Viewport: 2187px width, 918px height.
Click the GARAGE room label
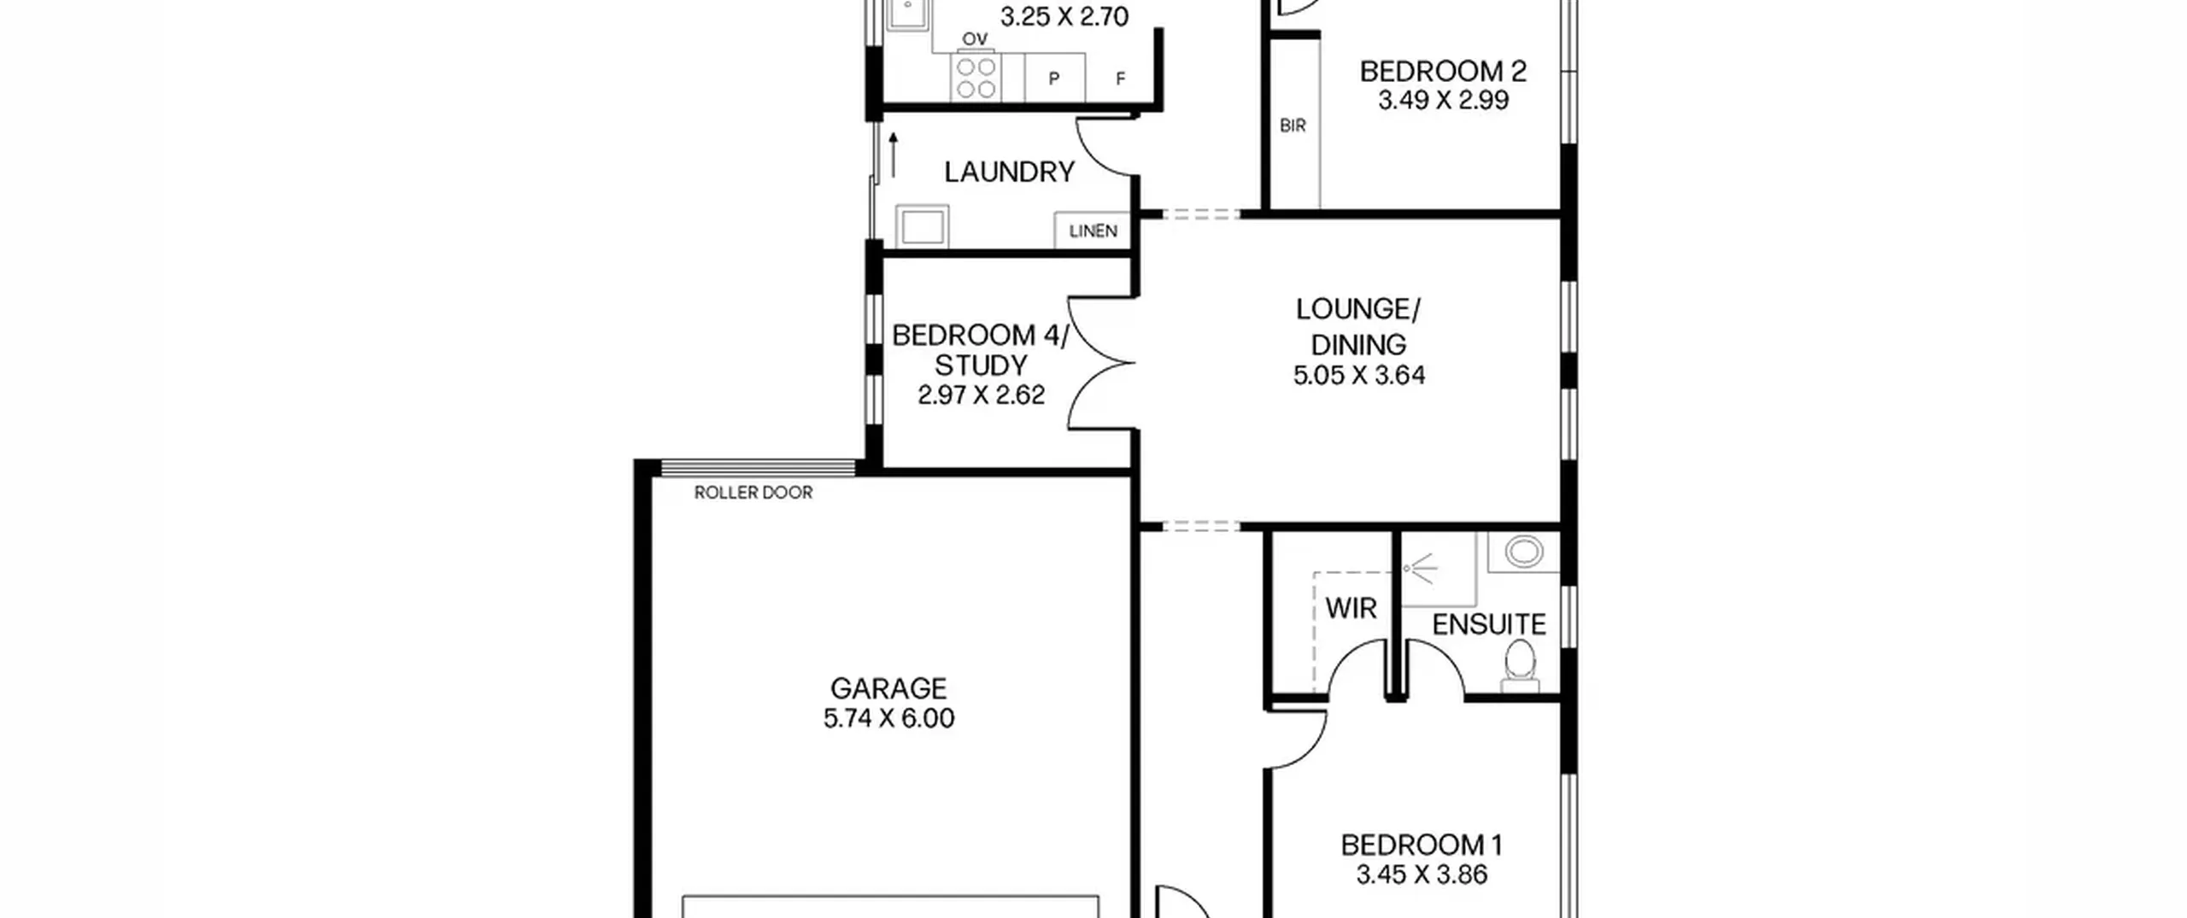click(888, 688)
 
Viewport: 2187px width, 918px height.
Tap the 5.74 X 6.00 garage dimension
click(888, 718)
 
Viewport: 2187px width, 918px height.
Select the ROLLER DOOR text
click(753, 493)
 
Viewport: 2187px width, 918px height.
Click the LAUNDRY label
click(1009, 172)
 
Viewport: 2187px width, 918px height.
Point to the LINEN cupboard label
click(1093, 231)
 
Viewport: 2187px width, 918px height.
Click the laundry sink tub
click(922, 226)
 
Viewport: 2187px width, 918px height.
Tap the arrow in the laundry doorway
click(894, 155)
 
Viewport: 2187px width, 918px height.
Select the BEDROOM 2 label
click(1443, 71)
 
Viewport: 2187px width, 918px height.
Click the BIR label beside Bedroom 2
click(1293, 126)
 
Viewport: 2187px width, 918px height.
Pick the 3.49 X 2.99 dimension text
click(1443, 100)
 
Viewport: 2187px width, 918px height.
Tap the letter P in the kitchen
click(1054, 79)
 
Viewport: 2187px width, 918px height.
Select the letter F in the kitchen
click(1121, 79)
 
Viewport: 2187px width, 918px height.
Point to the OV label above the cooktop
click(975, 39)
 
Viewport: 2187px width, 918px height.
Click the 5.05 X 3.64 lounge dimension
click(1358, 376)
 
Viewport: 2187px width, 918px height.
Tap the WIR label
click(1351, 609)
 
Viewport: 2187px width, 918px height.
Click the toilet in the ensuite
click(1520, 666)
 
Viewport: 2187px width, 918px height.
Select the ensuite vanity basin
click(1523, 552)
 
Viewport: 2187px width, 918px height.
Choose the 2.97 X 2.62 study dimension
click(981, 395)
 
